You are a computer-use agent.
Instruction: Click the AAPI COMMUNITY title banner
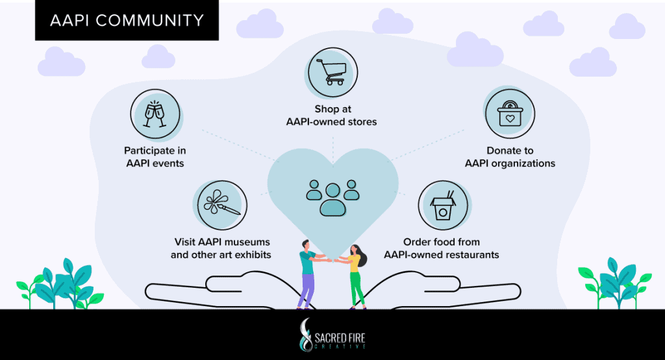[127, 20]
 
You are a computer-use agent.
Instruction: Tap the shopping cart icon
[332, 72]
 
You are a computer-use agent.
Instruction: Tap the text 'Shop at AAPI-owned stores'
[332, 116]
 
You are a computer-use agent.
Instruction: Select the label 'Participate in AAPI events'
[155, 157]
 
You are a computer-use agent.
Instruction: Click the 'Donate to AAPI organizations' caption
[510, 157]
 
